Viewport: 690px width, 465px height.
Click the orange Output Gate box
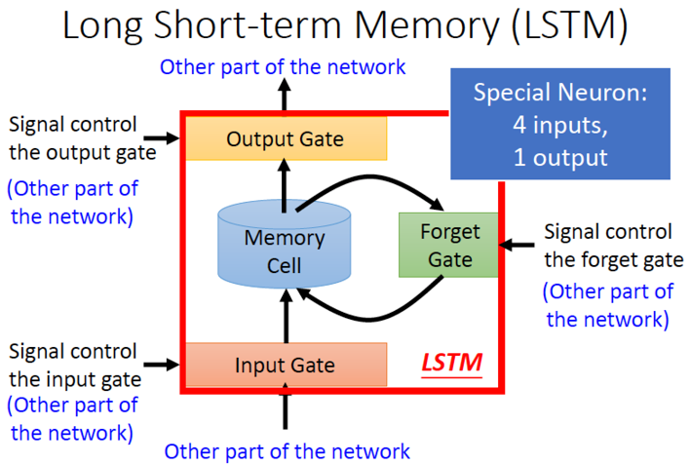[x=285, y=138]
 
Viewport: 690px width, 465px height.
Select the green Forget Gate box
[x=449, y=245]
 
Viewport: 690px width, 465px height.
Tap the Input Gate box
[x=285, y=366]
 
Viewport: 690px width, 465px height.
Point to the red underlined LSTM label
[x=451, y=364]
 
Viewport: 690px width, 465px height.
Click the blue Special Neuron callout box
[x=560, y=124]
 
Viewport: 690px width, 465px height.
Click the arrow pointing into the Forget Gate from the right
[x=517, y=245]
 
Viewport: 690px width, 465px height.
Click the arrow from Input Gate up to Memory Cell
[x=285, y=317]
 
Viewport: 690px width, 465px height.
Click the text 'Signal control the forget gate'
[x=607, y=246]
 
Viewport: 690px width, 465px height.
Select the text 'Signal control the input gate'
[x=72, y=365]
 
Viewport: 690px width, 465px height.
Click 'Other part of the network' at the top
[x=283, y=67]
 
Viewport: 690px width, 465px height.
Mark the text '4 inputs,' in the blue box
[x=560, y=125]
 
